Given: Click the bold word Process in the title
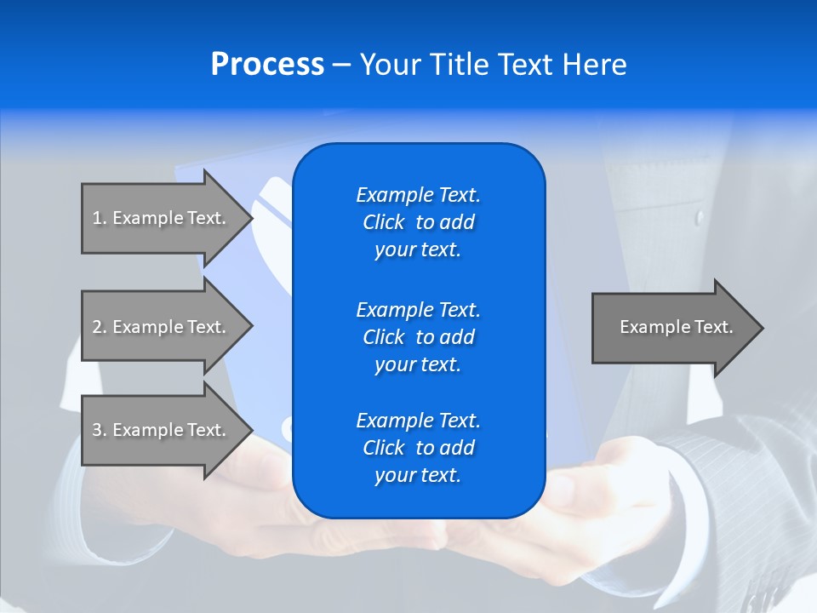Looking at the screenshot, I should (267, 65).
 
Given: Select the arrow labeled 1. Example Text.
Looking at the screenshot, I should (162, 218).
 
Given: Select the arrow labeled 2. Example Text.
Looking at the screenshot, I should (162, 327).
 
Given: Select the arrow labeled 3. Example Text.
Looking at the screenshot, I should (162, 430).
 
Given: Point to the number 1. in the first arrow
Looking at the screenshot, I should (100, 218).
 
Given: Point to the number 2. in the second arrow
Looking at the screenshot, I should (100, 327).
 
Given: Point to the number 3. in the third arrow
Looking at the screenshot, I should (100, 430).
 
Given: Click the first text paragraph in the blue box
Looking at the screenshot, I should (418, 222).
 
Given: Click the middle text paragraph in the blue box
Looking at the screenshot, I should (418, 337).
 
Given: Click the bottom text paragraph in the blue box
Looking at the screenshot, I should (418, 448).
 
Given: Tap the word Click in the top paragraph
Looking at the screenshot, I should (384, 222).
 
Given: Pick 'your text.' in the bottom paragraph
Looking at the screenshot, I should (418, 475).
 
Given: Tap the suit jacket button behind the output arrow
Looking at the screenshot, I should (700, 218).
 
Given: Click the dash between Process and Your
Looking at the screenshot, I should (341, 66).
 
